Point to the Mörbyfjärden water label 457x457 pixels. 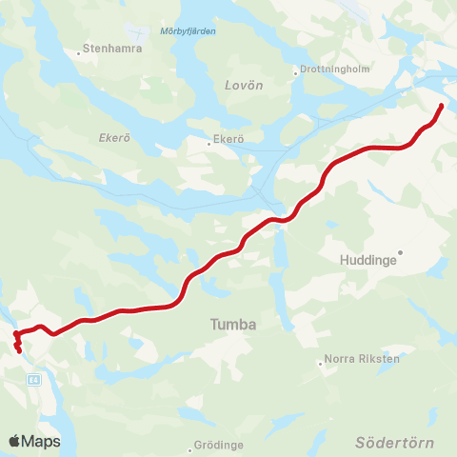pyautogui.click(x=189, y=31)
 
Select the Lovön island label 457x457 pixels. pyautogui.click(x=244, y=85)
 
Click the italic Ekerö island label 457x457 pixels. pyautogui.click(x=115, y=137)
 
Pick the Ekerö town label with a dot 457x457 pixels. pyautogui.click(x=229, y=139)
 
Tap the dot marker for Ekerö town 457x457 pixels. pyautogui.click(x=209, y=145)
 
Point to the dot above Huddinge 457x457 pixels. pyautogui.click(x=401, y=252)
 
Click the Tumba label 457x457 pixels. pyautogui.click(x=233, y=325)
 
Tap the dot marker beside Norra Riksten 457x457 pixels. pyautogui.click(x=321, y=362)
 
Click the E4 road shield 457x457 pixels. pyautogui.click(x=34, y=379)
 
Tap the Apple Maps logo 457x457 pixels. pyautogui.click(x=34, y=441)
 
